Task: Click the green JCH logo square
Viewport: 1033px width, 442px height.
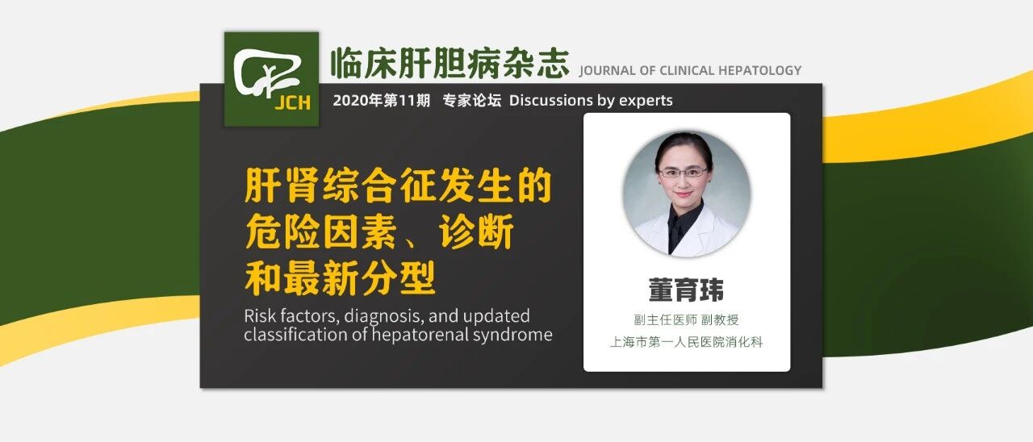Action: point(271,79)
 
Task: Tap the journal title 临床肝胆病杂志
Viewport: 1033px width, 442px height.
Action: point(450,63)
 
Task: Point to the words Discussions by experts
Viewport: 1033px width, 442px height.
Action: point(591,101)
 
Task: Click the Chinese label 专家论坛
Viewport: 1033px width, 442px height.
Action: point(472,101)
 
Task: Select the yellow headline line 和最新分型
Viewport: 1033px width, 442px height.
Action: point(340,278)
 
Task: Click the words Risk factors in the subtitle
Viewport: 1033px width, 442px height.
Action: point(286,315)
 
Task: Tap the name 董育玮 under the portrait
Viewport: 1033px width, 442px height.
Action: point(686,290)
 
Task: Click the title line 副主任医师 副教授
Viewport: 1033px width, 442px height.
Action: point(686,320)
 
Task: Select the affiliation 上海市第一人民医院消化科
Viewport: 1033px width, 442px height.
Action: point(686,342)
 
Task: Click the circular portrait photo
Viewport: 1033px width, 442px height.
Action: point(686,194)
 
